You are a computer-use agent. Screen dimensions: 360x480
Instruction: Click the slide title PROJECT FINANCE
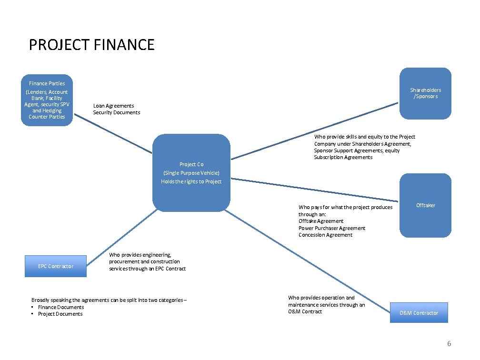click(91, 45)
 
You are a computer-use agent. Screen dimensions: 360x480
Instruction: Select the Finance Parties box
click(47, 100)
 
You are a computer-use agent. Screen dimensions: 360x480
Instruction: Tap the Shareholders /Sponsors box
click(425, 93)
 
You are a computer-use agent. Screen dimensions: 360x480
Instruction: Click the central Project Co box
click(191, 172)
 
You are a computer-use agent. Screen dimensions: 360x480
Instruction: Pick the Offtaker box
click(425, 205)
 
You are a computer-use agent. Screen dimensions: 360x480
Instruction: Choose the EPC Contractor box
click(56, 266)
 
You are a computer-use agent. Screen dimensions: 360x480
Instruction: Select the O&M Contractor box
click(419, 313)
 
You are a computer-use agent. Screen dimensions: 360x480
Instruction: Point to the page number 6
click(449, 344)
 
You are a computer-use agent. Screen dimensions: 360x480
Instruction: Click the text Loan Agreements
click(113, 106)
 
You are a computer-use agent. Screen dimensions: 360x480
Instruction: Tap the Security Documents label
click(117, 112)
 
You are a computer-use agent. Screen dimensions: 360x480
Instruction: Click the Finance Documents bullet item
click(60, 307)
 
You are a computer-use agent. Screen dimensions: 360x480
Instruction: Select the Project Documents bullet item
click(60, 314)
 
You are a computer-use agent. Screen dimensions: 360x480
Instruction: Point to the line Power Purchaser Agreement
click(332, 228)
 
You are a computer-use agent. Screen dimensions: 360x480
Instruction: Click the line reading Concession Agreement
click(325, 235)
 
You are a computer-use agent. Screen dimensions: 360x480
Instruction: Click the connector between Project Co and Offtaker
click(314, 190)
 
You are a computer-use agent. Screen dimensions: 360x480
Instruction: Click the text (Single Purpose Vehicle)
click(191, 173)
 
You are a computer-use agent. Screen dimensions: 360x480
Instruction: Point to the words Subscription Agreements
click(343, 157)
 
